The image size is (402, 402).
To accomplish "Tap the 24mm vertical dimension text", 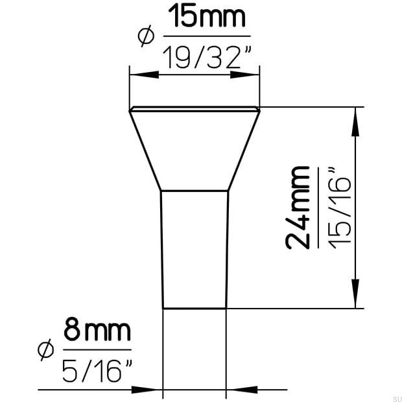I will (x=298, y=207).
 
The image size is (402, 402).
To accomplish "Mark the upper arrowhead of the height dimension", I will (x=355, y=121).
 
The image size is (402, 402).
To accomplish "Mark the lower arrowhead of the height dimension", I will (x=355, y=294).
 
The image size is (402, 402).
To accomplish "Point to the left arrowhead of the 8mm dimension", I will (x=150, y=390).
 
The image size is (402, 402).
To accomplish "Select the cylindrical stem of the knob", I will (x=195, y=250).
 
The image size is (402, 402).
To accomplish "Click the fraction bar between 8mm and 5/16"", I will (x=97, y=350).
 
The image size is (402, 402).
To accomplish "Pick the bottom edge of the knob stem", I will (x=195, y=309).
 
